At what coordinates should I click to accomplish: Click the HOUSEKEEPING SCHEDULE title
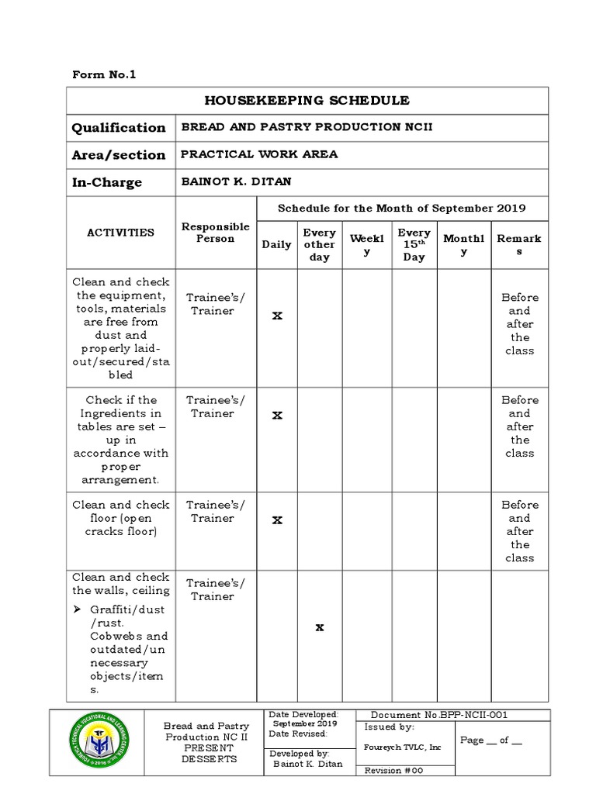[307, 101]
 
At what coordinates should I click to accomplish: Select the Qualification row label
[119, 128]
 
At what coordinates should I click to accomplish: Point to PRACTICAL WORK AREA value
[259, 154]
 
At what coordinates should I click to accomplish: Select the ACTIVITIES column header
[120, 233]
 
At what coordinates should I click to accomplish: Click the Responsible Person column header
[216, 233]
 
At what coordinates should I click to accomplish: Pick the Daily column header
[276, 244]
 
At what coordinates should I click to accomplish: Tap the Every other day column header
[320, 244]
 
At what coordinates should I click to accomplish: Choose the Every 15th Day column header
[414, 244]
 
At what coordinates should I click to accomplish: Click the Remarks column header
[519, 244]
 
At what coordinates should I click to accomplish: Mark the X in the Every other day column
[319, 627]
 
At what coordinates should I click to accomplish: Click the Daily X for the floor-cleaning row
[276, 520]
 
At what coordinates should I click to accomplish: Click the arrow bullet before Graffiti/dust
[77, 609]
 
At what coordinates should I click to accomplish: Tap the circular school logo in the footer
[99, 742]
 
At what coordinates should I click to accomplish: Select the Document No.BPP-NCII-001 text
[439, 715]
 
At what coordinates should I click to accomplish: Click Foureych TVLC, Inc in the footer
[402, 747]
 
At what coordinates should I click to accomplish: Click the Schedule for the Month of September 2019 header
[401, 208]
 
